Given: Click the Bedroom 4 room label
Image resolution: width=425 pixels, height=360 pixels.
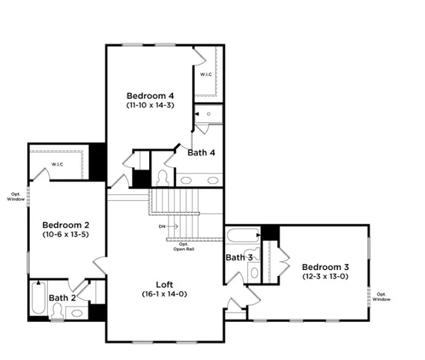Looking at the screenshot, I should click(150, 95).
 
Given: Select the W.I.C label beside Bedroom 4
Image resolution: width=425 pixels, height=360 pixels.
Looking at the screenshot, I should click(206, 74).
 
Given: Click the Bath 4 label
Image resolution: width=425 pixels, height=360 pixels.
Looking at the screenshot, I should click(202, 152).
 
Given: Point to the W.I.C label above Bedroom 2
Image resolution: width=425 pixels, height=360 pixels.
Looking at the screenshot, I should click(57, 163).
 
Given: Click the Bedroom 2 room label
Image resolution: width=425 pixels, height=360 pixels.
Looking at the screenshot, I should click(66, 225).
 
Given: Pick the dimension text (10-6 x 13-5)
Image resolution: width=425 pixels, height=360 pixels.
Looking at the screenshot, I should click(66, 235).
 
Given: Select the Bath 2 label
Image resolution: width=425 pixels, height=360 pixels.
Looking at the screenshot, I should click(63, 298).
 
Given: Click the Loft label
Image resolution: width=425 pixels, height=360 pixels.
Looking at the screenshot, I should click(166, 284).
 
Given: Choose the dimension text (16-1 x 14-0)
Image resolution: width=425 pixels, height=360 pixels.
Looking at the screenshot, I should click(166, 294).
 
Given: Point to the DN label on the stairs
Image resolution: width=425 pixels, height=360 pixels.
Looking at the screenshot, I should click(162, 226).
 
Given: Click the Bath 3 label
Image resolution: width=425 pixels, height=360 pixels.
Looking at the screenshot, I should click(239, 258).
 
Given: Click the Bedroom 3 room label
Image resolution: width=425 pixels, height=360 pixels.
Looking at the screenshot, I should click(325, 267).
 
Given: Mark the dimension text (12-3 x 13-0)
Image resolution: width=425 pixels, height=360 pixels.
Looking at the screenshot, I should click(325, 277).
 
